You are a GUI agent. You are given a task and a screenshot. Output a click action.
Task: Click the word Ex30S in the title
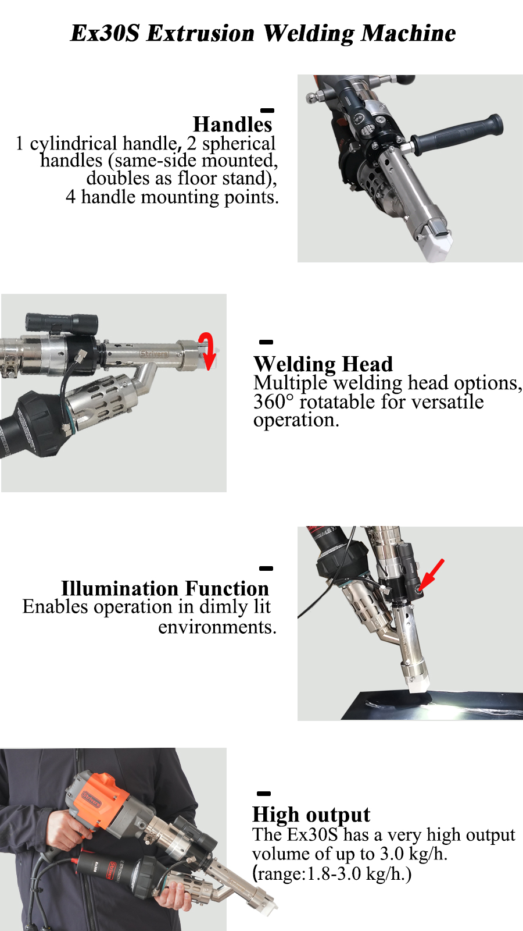105,33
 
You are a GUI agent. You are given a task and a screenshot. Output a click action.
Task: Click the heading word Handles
232,124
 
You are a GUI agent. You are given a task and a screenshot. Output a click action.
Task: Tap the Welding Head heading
323,364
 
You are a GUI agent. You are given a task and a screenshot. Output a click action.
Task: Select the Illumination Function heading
165,588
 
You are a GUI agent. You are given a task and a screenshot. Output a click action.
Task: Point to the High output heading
311,815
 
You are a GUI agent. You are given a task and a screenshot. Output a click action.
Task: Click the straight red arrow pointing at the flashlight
431,575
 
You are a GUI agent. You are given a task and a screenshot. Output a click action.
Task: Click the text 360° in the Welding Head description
273,401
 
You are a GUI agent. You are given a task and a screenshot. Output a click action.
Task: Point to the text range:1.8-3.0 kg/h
332,873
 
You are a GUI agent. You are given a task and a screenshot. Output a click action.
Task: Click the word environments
217,627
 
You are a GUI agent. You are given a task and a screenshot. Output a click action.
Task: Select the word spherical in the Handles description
239,144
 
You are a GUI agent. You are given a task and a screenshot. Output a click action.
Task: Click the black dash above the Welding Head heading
266,342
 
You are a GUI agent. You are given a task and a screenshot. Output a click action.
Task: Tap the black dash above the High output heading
264,794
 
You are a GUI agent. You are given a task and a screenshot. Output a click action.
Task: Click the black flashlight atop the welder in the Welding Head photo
62,324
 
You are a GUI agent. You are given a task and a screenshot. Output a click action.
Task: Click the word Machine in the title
408,33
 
